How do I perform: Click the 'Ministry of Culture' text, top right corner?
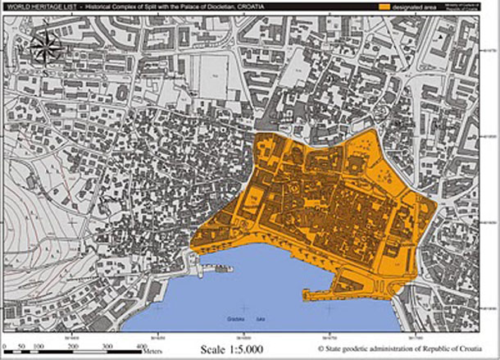[478, 4]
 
